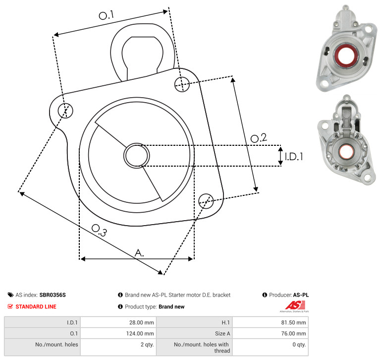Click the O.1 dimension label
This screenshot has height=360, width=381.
pyautogui.click(x=106, y=15)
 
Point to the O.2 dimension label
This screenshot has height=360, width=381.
pyautogui.click(x=259, y=138)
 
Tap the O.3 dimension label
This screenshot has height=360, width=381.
pyautogui.click(x=99, y=230)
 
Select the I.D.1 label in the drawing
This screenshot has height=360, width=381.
pyautogui.click(x=294, y=157)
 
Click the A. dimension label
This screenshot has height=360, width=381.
pyautogui.click(x=139, y=253)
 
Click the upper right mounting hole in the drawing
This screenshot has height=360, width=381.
pyautogui.click(x=182, y=84)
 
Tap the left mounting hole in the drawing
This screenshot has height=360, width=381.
pyautogui.click(x=65, y=111)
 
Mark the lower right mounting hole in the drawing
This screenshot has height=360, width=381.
pyautogui.click(x=206, y=201)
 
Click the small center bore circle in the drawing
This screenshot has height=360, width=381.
pyautogui.click(x=137, y=156)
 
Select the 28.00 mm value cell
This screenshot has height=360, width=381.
pyautogui.click(x=118, y=322)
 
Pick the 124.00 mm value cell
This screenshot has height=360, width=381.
pyautogui.click(x=118, y=334)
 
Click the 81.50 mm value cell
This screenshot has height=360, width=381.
pyautogui.click(x=271, y=322)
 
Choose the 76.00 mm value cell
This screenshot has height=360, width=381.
pyautogui.click(x=271, y=334)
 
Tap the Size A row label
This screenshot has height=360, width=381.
pyautogui.click(x=222, y=334)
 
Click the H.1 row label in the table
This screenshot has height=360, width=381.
pyautogui.click(x=225, y=322)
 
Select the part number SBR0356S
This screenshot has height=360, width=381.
pyautogui.click(x=53, y=295)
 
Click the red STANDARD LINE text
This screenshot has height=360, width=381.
pyautogui.click(x=36, y=306)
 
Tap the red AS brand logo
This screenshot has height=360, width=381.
pyautogui.click(x=295, y=305)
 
